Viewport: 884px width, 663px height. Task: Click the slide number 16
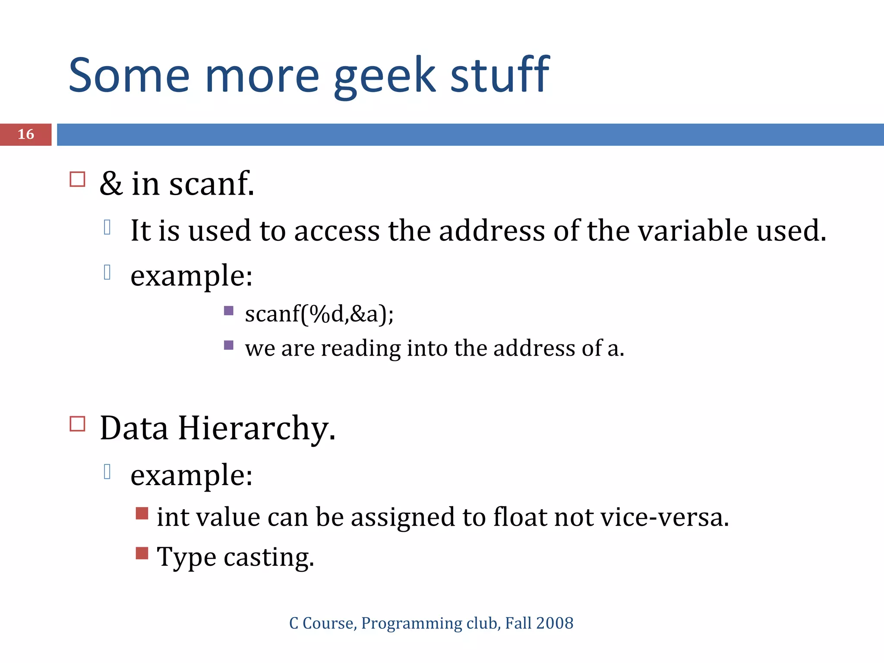[26, 134]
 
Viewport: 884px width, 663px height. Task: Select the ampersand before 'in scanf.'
[111, 183]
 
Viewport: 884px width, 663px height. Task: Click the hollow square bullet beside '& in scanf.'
[77, 179]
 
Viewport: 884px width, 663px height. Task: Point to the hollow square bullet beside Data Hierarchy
[77, 424]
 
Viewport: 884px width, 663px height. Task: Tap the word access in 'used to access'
[337, 231]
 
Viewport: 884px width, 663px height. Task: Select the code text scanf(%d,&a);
[319, 314]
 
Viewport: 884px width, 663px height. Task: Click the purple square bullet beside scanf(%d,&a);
[229, 310]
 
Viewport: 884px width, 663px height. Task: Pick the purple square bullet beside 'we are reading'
[229, 345]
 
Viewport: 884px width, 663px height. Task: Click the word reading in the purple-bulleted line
[360, 349]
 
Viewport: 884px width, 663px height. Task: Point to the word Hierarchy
[256, 428]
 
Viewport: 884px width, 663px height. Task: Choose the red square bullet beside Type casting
[142, 553]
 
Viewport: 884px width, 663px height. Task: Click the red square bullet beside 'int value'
[142, 513]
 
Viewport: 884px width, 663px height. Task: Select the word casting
[268, 558]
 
